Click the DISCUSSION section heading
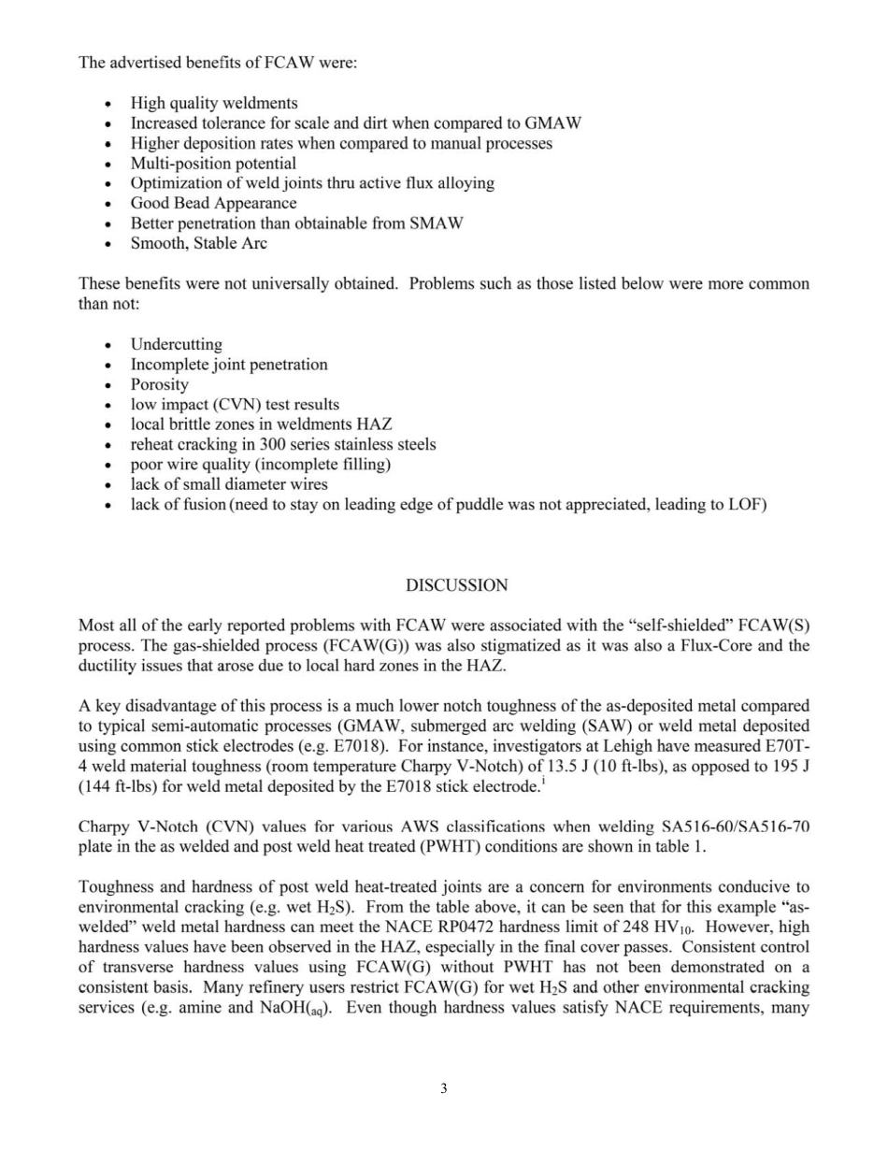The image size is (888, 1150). pyautogui.click(x=457, y=585)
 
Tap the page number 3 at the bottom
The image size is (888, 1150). pyautogui.click(x=444, y=1088)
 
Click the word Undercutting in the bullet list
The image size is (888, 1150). pyautogui.click(x=176, y=344)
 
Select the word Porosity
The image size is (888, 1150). pyautogui.click(x=159, y=384)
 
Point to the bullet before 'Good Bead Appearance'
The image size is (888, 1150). pyautogui.click(x=112, y=204)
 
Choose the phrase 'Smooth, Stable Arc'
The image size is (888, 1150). pyautogui.click(x=198, y=243)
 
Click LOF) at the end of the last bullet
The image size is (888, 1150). pyautogui.click(x=746, y=506)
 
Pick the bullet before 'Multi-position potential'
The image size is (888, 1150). pyautogui.click(x=112, y=164)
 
